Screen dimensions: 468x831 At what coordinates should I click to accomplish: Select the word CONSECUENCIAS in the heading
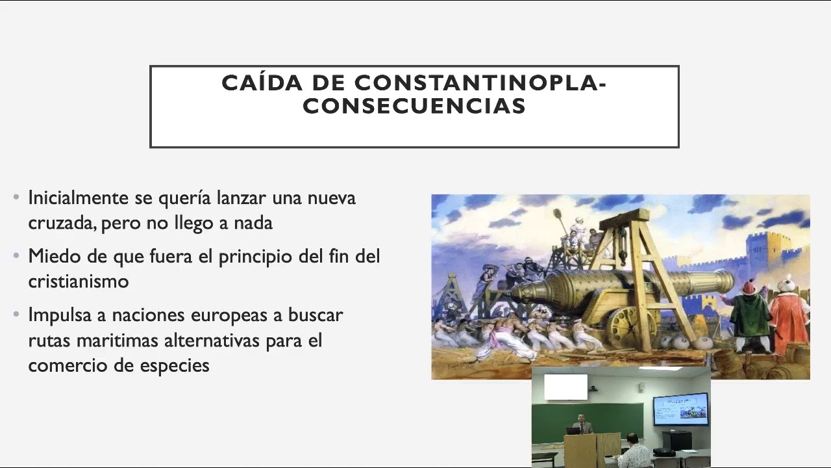pos(414,106)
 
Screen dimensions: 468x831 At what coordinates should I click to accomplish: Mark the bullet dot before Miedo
pos(17,255)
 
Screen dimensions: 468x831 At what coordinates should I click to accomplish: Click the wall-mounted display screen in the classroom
pos(680,409)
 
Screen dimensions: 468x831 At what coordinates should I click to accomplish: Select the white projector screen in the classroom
pos(565,387)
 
